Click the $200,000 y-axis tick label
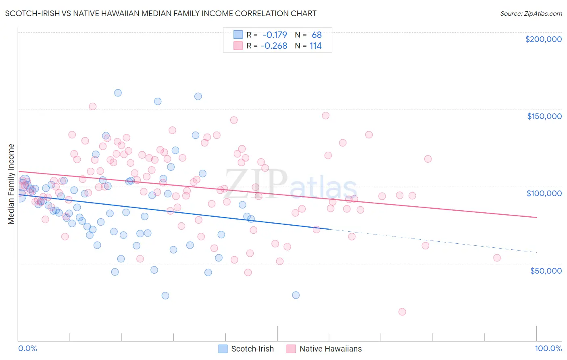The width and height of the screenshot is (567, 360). click(543, 39)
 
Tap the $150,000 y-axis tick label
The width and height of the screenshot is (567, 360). click(544, 116)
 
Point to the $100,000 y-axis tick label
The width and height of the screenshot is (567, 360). click(544, 193)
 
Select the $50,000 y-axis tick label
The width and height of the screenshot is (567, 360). click(546, 270)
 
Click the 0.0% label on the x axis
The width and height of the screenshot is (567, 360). click(27, 348)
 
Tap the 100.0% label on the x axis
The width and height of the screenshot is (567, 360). click(548, 348)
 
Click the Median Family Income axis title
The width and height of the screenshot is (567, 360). click(11, 184)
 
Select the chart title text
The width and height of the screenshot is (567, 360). click(161, 13)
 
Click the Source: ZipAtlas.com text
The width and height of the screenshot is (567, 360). click(531, 13)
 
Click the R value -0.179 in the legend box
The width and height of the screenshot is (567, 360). click(275, 35)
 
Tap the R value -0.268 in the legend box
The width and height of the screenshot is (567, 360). click(274, 46)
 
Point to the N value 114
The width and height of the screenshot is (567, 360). click(315, 46)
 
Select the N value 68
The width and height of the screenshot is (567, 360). click(317, 35)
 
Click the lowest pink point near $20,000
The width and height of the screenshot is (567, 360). click(402, 312)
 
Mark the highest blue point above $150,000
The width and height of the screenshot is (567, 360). click(118, 93)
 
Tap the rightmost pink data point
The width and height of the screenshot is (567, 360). click(497, 258)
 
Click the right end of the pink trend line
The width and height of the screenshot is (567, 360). click(536, 217)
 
